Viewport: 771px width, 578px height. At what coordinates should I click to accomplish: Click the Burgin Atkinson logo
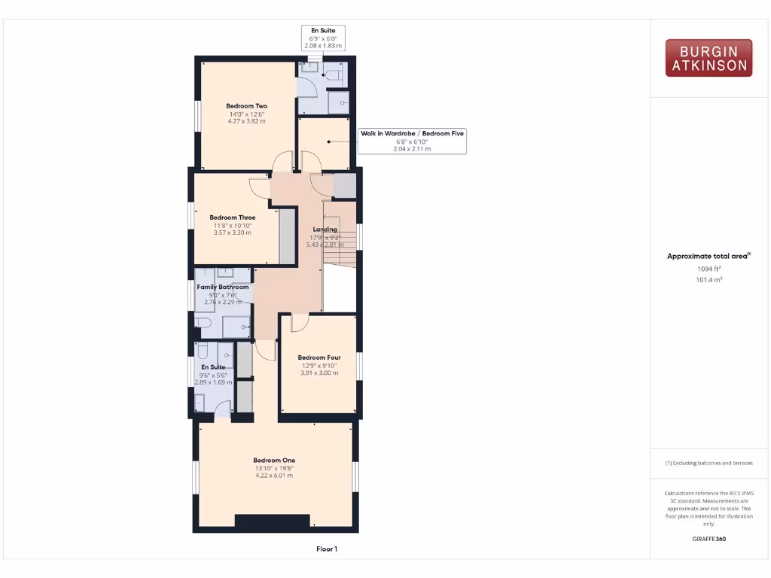coord(709,58)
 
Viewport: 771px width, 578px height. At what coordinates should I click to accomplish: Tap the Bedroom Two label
coord(247,106)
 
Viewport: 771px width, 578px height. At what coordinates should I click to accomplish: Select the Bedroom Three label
coord(232,218)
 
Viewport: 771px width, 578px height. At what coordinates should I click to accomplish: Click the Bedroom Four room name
coord(319,357)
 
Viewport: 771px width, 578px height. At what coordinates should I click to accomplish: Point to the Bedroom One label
coord(274,460)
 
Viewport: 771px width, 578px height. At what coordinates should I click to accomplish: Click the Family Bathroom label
coord(223,287)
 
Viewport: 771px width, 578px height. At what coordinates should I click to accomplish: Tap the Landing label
coord(325,230)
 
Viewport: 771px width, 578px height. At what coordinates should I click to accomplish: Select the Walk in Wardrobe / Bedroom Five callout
coord(412,141)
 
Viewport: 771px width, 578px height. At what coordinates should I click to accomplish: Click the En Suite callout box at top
coord(323,38)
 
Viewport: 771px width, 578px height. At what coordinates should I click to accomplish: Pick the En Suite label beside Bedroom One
coord(212,367)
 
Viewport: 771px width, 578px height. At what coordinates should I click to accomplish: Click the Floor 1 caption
coord(327,549)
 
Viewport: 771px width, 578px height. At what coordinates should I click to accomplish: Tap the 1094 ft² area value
coord(708,269)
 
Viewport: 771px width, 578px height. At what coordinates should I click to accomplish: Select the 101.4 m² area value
coord(708,279)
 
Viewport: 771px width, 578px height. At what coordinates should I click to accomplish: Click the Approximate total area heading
coord(708,256)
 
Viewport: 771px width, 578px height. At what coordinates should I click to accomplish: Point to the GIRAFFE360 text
coord(709,539)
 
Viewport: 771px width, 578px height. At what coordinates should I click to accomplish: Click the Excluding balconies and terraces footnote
coord(709,463)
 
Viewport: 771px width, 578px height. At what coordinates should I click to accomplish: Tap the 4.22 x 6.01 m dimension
coord(274,476)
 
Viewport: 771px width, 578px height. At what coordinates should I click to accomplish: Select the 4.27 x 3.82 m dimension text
coord(247,120)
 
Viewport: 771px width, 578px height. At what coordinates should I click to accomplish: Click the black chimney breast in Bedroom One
coord(272,521)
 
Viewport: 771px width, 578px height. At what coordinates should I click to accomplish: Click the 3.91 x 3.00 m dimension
coord(319,373)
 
